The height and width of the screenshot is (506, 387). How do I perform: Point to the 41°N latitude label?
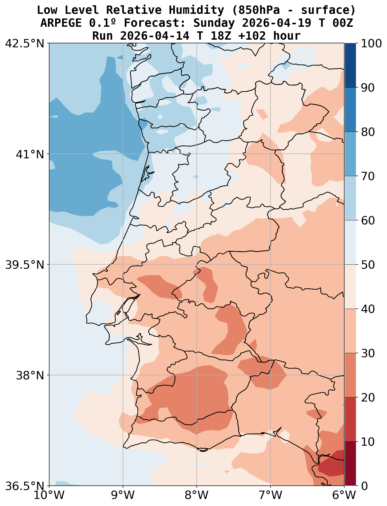tap(30, 154)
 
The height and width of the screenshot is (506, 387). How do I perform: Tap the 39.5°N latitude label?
tap(25, 265)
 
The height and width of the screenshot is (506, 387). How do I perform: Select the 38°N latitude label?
tap(30, 375)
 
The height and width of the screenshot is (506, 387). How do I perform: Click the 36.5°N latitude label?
tap(25, 486)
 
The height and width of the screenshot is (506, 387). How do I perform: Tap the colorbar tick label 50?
tap(368, 265)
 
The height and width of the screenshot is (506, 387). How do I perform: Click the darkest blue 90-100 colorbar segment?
tap(350, 65)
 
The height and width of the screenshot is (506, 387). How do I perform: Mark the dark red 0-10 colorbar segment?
tap(350, 464)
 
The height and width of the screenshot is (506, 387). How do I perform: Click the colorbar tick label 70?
tap(368, 176)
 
